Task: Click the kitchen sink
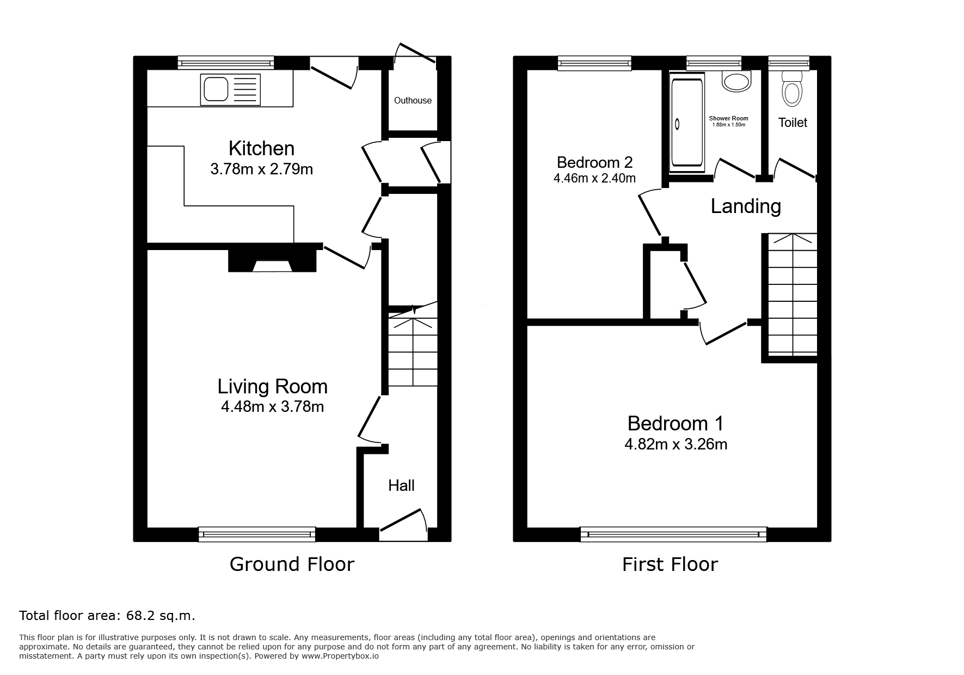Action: click(x=230, y=90)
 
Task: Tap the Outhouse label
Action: click(x=413, y=100)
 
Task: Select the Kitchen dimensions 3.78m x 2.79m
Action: click(x=262, y=169)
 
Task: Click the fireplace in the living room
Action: click(x=272, y=260)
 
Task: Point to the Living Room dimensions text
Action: click(x=272, y=406)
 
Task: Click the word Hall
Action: click(x=401, y=485)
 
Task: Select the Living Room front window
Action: click(x=257, y=534)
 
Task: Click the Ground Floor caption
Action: click(x=292, y=564)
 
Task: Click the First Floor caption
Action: click(x=670, y=564)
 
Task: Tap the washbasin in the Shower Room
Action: click(x=735, y=81)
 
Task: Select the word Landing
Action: click(x=746, y=206)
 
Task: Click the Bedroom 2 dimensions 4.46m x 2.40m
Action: click(x=594, y=178)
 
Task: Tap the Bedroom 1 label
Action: click(x=676, y=423)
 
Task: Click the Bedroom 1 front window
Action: click(x=673, y=534)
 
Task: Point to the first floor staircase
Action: click(x=792, y=295)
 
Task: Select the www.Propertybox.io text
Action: click(x=340, y=656)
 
